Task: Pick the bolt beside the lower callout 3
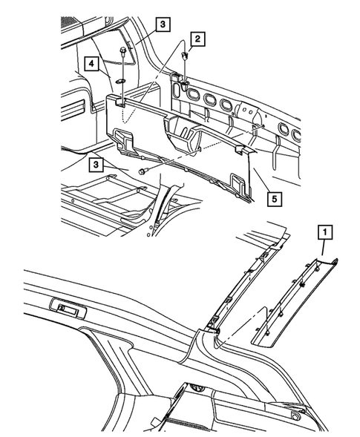click(145, 172)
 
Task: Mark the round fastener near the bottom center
click(197, 388)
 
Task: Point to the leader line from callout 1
click(323, 249)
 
